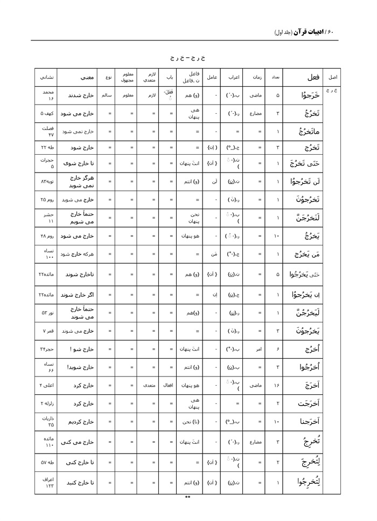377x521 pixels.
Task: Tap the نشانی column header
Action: point(46,77)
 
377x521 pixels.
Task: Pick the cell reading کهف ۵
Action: point(46,114)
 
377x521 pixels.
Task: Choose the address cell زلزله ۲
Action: point(46,403)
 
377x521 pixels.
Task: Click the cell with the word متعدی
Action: point(148,385)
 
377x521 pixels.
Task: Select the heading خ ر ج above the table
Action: point(188,56)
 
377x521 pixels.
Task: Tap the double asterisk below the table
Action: point(188,497)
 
